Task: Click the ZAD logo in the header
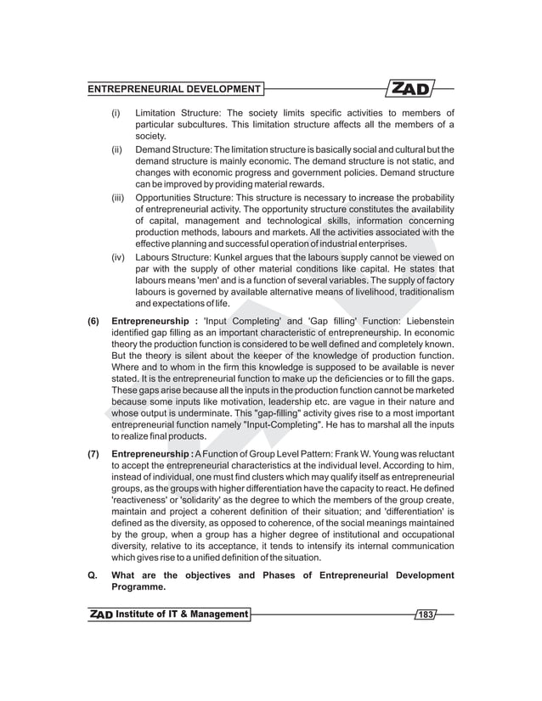click(x=412, y=88)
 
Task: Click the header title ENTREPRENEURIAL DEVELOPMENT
click(x=175, y=89)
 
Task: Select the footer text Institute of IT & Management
click(x=182, y=614)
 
